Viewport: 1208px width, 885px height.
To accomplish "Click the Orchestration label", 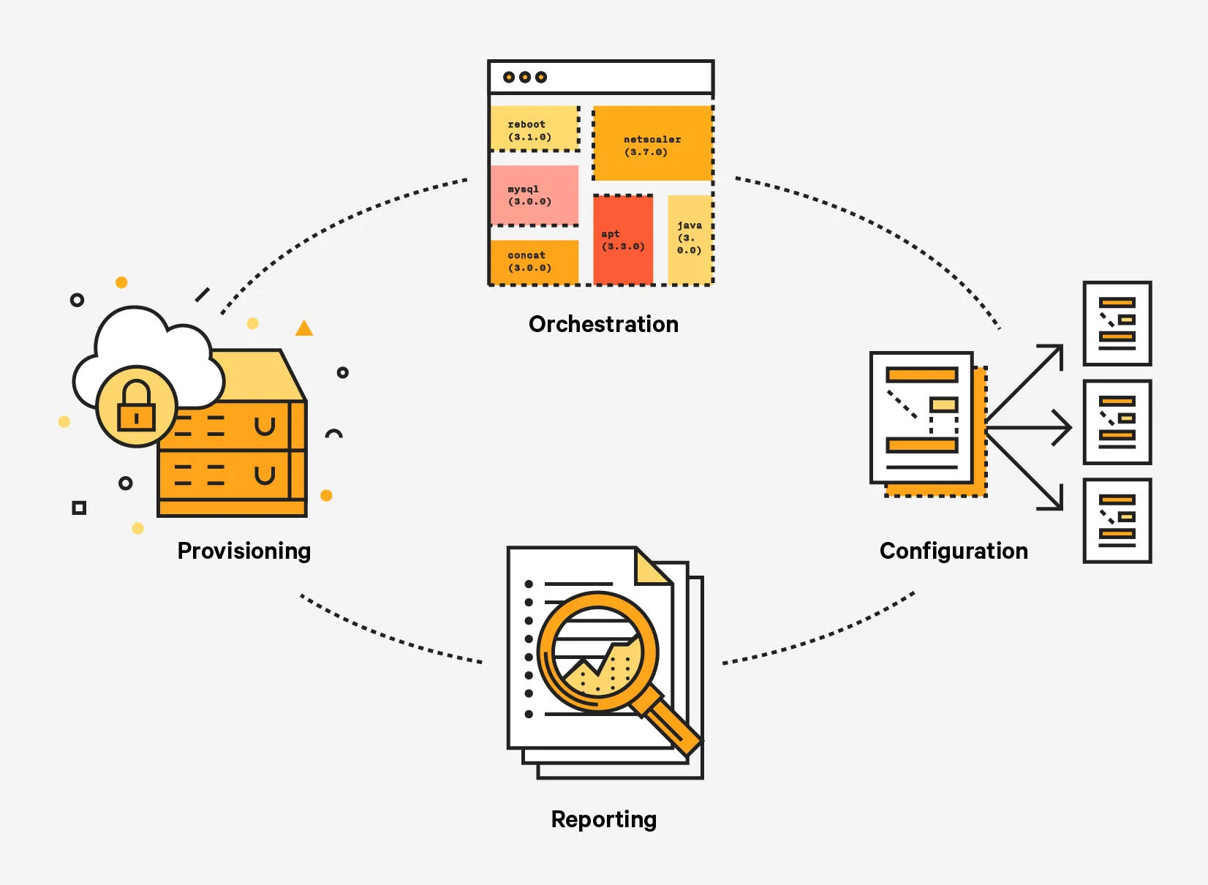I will click(603, 324).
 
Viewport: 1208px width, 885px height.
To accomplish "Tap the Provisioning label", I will click(244, 551).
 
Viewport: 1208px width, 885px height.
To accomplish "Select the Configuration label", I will click(954, 551).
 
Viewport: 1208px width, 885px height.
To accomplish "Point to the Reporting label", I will click(603, 819).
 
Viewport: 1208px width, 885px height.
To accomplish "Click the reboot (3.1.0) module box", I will click(534, 129).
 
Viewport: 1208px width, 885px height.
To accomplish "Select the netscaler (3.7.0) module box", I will click(652, 144).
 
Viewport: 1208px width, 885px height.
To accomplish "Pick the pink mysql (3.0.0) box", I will click(534, 195).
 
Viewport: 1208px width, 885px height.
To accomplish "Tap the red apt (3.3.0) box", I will click(623, 240).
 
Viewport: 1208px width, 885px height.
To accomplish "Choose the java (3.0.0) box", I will click(690, 238).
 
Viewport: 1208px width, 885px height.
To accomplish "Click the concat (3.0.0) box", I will click(534, 261).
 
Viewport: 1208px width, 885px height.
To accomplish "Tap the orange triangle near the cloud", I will click(304, 328).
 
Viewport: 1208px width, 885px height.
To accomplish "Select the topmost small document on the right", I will click(1117, 323).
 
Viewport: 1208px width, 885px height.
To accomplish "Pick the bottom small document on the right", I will click(1117, 521).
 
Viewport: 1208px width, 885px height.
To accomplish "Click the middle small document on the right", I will click(1117, 422).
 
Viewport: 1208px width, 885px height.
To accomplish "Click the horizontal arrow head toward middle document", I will click(1065, 427).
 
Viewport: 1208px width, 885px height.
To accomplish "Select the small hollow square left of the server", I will click(79, 508).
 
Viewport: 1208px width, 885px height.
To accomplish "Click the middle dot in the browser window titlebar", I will click(525, 78).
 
